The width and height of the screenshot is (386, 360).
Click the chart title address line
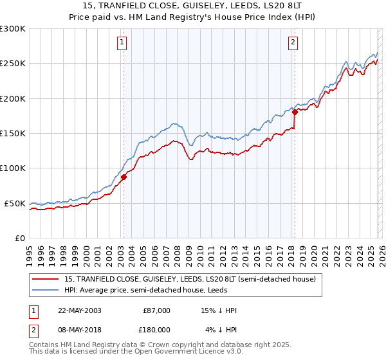click(192, 6)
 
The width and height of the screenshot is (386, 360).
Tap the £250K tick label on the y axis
click(13, 64)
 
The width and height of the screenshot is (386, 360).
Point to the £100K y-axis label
click(13, 168)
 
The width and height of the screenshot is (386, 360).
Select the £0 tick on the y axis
click(20, 238)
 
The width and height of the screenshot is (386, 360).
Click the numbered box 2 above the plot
click(293, 43)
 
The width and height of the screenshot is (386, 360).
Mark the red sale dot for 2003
click(124, 177)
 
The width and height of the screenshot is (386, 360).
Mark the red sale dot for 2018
click(294, 112)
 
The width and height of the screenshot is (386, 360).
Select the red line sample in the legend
click(46, 280)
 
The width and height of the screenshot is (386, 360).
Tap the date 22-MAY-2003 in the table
click(79, 310)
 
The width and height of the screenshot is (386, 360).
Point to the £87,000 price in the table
click(156, 310)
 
